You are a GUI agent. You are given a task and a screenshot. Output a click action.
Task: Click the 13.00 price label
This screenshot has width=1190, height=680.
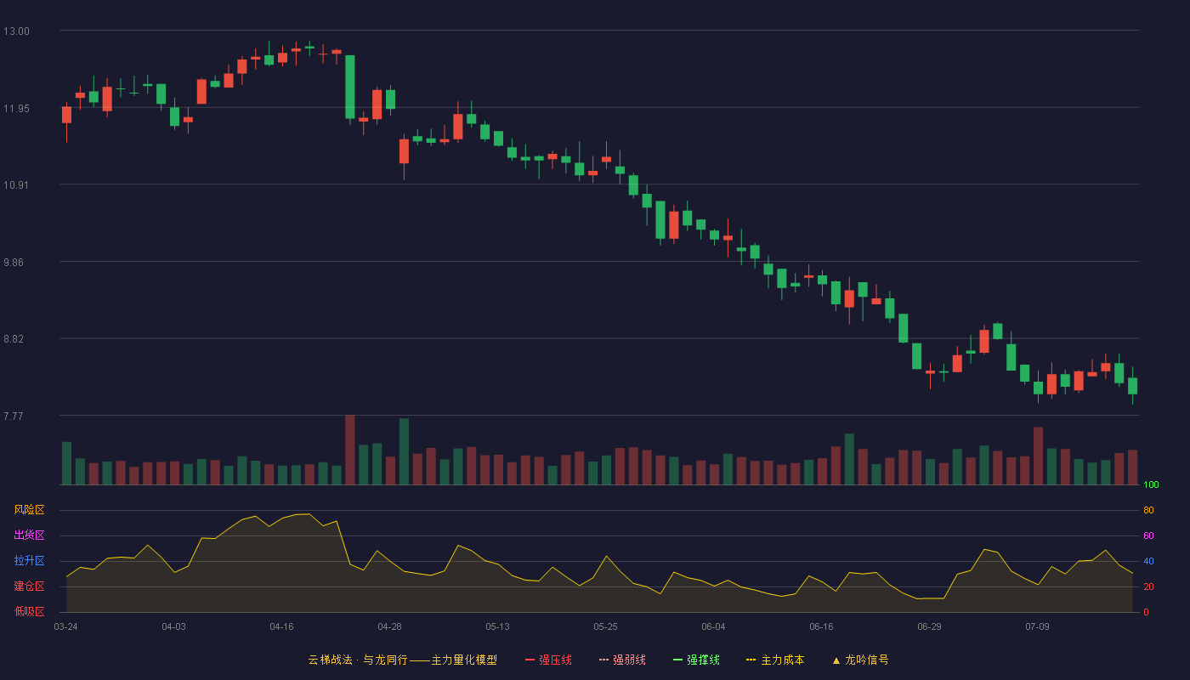(16, 31)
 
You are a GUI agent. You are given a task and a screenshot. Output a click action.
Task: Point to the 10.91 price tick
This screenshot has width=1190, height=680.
(16, 185)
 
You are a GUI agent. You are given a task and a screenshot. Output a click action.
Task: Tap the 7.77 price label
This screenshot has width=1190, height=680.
(14, 416)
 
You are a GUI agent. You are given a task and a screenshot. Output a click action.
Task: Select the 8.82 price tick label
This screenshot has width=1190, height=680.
(14, 339)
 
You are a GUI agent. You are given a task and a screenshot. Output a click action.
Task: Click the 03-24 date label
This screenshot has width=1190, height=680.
(66, 627)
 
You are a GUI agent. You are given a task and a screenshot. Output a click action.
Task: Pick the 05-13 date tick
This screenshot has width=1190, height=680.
(497, 627)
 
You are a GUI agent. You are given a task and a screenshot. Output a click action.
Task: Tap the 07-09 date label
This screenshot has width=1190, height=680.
(1037, 627)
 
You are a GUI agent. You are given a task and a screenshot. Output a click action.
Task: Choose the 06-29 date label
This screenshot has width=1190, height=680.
(929, 627)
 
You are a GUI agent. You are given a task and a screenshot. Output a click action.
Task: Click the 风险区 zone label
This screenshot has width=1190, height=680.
(29, 510)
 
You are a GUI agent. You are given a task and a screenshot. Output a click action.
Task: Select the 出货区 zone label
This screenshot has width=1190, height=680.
(29, 535)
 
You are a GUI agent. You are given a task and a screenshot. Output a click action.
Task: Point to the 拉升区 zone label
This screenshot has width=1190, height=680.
(29, 560)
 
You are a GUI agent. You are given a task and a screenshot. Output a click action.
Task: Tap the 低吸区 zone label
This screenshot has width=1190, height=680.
(29, 611)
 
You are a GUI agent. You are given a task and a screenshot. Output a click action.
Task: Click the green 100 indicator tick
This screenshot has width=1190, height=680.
(1151, 484)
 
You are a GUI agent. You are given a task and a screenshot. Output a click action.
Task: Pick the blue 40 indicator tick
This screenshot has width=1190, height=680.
(1148, 561)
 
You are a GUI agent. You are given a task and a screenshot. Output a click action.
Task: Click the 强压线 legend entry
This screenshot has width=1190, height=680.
(548, 660)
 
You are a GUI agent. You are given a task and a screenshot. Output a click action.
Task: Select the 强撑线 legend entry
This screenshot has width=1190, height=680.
(696, 660)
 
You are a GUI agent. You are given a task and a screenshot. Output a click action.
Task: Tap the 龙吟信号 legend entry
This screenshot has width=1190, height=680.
(860, 660)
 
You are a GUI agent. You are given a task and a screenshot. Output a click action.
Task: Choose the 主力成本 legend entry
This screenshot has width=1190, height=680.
(775, 660)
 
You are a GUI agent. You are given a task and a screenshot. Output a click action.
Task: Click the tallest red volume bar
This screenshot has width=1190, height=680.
(350, 450)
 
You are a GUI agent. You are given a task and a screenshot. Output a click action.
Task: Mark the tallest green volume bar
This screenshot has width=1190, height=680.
(405, 451)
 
